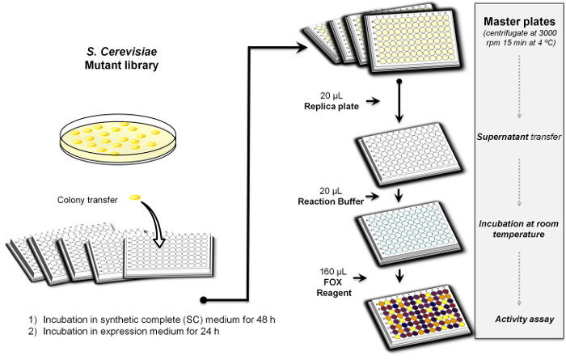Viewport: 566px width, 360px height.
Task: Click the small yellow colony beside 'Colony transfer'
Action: coord(135,197)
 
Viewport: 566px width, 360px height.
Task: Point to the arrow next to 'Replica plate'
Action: coord(370,102)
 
